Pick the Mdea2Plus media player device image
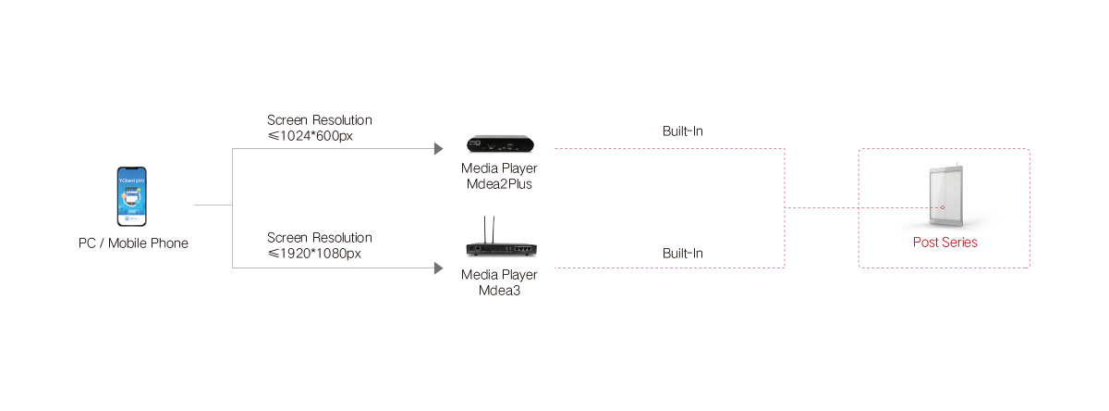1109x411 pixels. coord(499,145)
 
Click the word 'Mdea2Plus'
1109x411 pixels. coord(500,182)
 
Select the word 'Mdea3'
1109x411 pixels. coord(500,288)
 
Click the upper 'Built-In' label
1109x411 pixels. coord(682,131)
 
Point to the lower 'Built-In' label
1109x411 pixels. coord(682,254)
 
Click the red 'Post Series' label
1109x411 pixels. coord(944,243)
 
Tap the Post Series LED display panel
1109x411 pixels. coord(945,196)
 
